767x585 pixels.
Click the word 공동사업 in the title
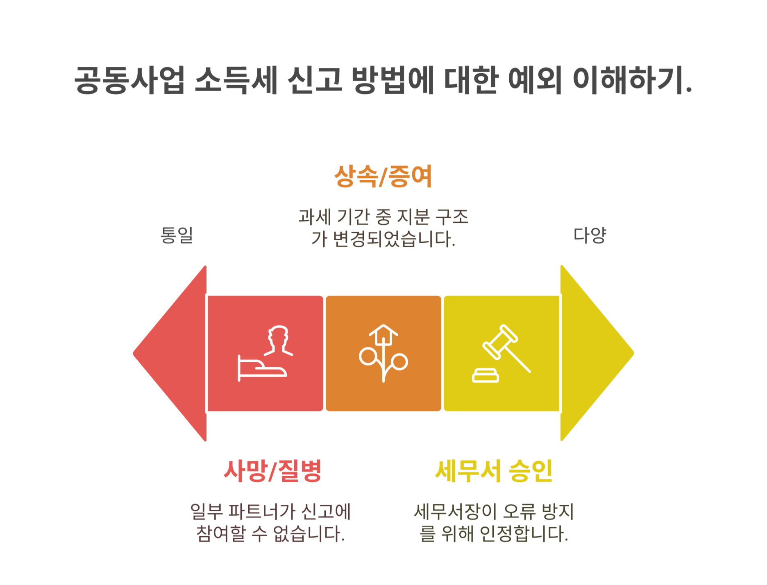coord(129,80)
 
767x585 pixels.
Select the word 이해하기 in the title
coord(631,80)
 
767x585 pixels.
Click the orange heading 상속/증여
coord(383,176)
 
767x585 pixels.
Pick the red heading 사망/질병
coord(272,471)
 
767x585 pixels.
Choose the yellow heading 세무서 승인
coord(494,471)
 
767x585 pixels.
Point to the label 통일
coord(177,235)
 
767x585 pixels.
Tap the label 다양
coord(590,235)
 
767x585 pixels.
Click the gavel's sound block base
coord(486,375)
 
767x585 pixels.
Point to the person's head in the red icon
coord(279,336)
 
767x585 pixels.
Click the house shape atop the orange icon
coord(383,334)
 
